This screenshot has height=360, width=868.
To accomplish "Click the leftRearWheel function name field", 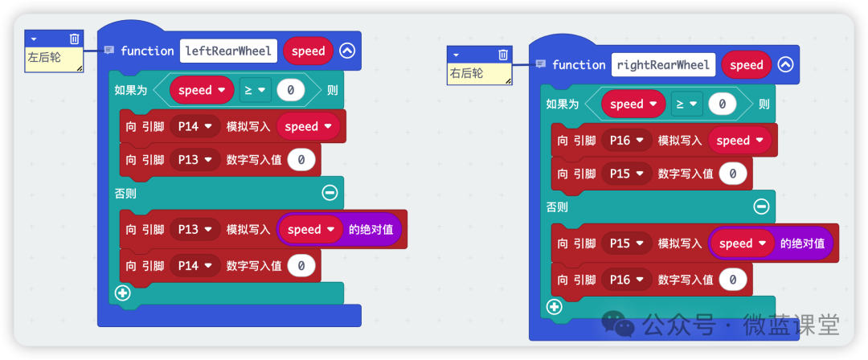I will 229,51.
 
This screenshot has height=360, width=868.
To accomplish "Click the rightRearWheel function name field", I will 663,65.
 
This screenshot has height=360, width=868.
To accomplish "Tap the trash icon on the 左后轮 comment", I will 74,38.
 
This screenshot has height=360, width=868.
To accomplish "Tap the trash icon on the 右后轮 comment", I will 503,54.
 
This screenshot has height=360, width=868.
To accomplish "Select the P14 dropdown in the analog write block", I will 194,126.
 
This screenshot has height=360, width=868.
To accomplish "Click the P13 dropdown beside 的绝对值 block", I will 194,229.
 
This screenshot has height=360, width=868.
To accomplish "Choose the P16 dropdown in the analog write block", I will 626,140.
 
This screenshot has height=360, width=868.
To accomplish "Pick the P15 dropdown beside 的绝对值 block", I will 626,243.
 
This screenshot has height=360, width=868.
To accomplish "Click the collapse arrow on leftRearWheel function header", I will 346,51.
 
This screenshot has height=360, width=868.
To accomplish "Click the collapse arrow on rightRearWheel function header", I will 785,65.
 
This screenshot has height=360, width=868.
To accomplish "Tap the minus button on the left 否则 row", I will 330,192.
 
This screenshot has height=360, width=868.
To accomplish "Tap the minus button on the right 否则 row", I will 761,207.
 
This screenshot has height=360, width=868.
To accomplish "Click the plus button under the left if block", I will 122,292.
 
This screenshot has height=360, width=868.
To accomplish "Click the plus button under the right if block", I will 554,306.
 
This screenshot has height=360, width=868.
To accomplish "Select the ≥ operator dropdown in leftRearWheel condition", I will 254,90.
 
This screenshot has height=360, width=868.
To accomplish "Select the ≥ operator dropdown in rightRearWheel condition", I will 686,104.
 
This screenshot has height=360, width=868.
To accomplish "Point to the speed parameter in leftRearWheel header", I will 308,51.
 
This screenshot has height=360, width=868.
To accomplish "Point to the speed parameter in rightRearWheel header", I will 746,65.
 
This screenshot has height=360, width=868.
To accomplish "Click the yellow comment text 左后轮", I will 43,58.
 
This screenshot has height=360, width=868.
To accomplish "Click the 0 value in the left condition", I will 289,90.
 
